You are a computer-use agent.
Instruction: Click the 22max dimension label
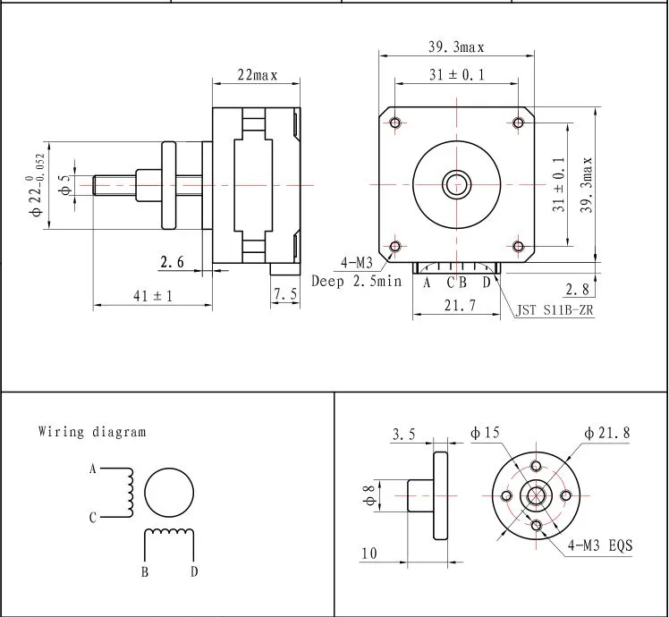pos(257,76)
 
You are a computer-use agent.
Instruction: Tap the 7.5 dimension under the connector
pos(286,295)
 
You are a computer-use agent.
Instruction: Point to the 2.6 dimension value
pos(172,262)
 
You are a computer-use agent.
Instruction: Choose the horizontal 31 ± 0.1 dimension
pos(456,76)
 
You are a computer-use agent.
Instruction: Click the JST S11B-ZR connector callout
pos(555,311)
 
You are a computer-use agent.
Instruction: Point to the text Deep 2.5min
pos(357,281)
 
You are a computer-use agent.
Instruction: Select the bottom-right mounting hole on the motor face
pos(519,246)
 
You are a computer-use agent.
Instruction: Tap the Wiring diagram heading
pos(91,432)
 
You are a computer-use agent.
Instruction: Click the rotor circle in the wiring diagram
pos(170,492)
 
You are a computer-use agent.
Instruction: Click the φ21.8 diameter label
pos(607,433)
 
